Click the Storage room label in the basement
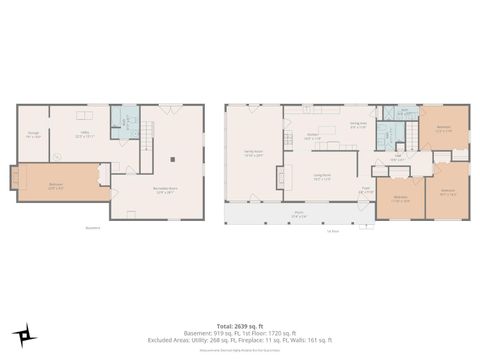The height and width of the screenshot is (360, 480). point(33,135)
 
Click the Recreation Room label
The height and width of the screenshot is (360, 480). point(165,191)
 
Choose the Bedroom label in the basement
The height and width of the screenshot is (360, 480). point(56,185)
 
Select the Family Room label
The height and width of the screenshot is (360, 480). point(253,154)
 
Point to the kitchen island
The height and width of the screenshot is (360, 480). point(333,145)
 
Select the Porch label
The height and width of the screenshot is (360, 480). point(299,213)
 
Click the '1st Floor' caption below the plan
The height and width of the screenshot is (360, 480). point(333,232)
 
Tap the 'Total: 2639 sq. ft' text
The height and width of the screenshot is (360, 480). point(240,325)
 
